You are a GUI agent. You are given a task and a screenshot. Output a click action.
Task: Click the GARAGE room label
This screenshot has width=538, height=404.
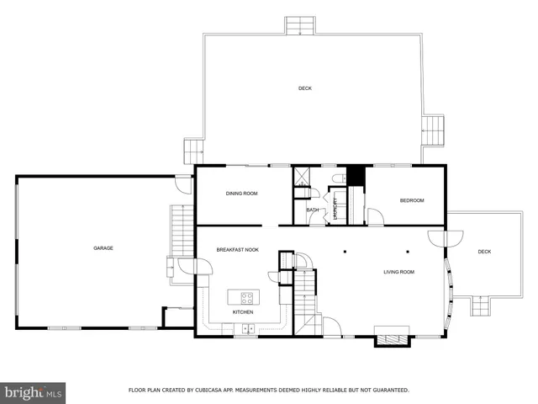click(103, 247)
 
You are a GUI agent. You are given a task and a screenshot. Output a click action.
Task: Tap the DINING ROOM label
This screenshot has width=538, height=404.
click(241, 194)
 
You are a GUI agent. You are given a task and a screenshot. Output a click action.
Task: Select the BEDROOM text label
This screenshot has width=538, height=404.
click(411, 200)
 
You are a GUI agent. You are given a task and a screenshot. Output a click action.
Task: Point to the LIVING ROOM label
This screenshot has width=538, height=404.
click(399, 272)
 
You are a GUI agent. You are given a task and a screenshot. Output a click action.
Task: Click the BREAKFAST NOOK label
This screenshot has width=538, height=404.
click(237, 250)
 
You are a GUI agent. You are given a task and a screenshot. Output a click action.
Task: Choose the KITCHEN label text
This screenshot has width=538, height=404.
click(243, 312)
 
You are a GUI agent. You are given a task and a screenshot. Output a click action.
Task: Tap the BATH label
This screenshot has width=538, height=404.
click(312, 210)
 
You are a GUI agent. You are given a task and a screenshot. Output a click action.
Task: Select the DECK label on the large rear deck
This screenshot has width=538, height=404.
click(304, 88)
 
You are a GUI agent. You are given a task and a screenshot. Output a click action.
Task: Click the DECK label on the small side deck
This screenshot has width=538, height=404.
click(484, 252)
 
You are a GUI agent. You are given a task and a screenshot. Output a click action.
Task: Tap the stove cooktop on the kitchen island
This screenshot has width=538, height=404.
click(247, 297)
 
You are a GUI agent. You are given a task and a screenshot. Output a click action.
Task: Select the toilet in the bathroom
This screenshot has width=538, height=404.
click(337, 179)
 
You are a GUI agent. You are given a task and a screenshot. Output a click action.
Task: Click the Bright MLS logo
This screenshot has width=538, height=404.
click(33, 392)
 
